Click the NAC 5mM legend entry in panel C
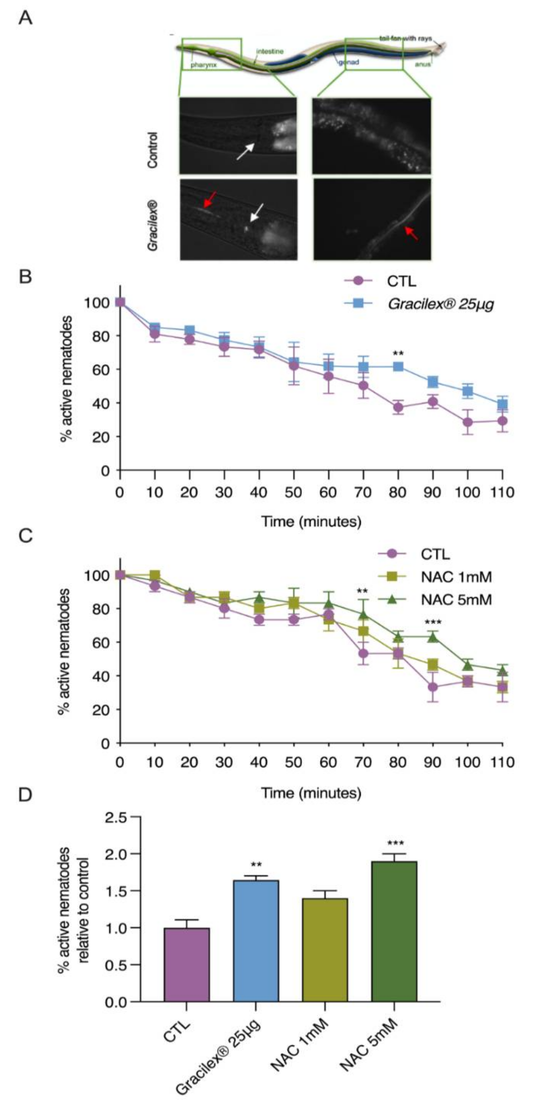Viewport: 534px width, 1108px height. pyautogui.click(x=456, y=599)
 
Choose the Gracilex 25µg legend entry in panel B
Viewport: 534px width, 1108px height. pyautogui.click(x=440, y=304)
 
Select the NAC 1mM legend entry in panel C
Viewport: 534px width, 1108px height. pyautogui.click(x=456, y=576)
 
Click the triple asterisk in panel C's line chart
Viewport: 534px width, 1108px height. pyautogui.click(x=433, y=622)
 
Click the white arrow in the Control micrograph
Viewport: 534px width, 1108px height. pyautogui.click(x=246, y=151)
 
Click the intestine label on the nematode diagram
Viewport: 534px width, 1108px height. pyautogui.click(x=270, y=52)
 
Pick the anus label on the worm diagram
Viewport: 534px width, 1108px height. pyautogui.click(x=422, y=65)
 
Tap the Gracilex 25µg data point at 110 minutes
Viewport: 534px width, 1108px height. pyautogui.click(x=502, y=404)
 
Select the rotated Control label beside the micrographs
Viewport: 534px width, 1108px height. pyautogui.click(x=152, y=150)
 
